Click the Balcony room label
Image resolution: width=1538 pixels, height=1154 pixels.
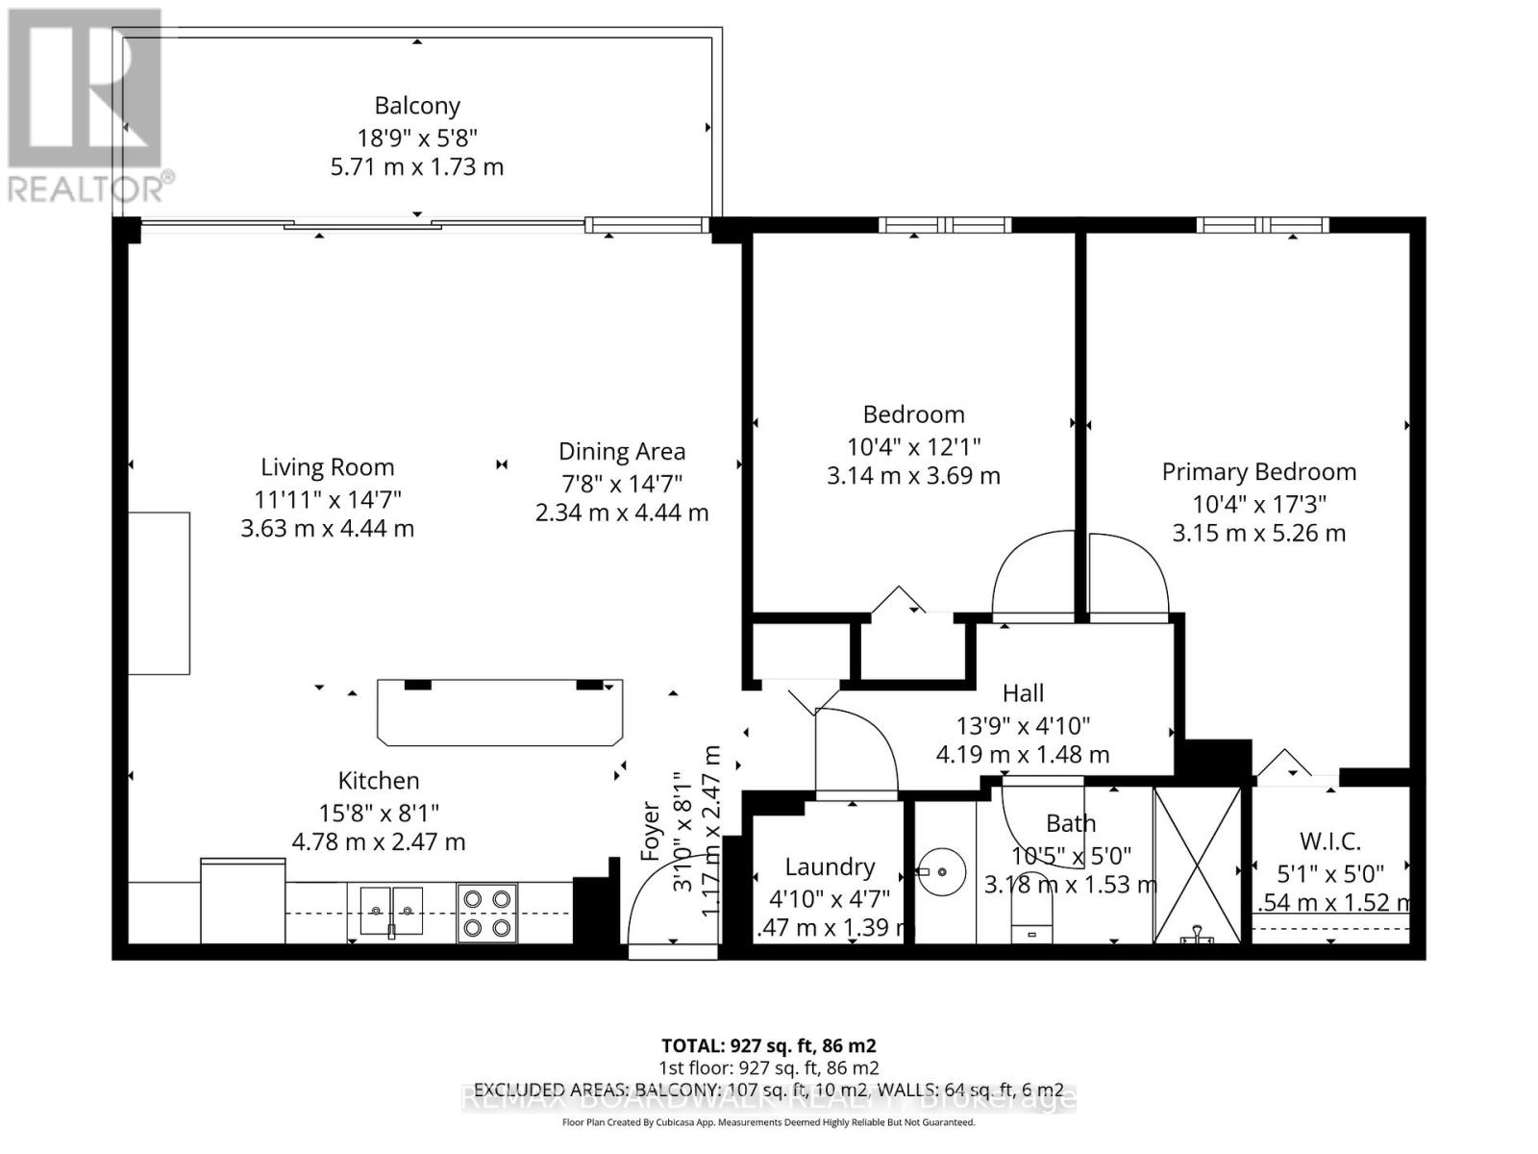[x=417, y=106]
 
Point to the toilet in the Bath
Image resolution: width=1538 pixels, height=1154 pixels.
[x=1032, y=918]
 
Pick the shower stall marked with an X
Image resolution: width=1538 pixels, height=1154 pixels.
[x=1197, y=865]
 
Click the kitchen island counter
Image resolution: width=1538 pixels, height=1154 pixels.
[x=499, y=713]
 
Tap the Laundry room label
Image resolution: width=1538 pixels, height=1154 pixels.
[x=830, y=867]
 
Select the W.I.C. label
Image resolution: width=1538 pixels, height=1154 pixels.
[x=1330, y=841]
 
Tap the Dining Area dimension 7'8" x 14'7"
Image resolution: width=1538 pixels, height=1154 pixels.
[x=622, y=483]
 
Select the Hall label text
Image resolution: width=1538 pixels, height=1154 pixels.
[x=1023, y=693]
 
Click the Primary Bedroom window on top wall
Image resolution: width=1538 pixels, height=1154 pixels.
[x=1262, y=226]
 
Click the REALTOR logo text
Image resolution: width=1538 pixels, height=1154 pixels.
[x=91, y=188]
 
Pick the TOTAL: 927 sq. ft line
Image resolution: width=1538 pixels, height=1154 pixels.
[x=768, y=1045]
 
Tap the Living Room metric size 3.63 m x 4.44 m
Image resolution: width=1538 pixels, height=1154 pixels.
[x=327, y=528]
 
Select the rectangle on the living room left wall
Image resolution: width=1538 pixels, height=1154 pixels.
[x=160, y=593]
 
